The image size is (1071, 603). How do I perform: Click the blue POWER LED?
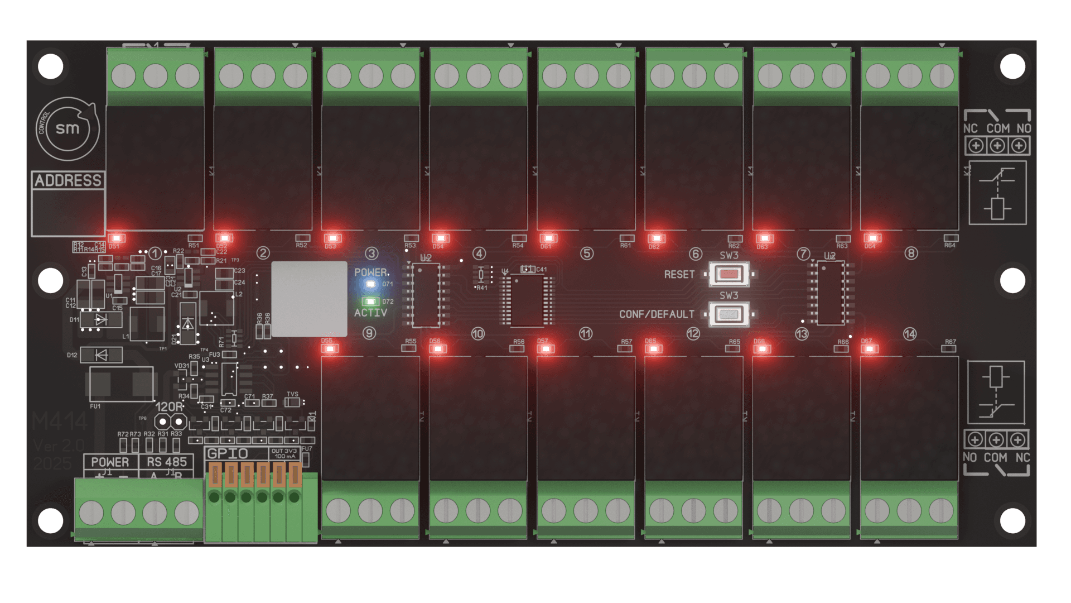[370, 284]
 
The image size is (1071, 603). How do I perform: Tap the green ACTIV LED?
[370, 301]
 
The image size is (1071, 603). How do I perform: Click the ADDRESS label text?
[68, 180]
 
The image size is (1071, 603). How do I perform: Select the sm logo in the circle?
[67, 128]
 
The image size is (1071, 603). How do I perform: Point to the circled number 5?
[587, 253]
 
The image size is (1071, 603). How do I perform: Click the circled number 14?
[910, 334]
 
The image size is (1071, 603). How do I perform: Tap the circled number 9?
[369, 333]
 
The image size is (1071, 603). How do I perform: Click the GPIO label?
[228, 453]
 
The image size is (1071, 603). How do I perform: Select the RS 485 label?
[167, 462]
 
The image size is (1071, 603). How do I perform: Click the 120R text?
[168, 407]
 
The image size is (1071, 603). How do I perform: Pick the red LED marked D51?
[117, 238]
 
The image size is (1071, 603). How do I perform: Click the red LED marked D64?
[872, 238]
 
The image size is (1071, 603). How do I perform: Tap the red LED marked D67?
[869, 349]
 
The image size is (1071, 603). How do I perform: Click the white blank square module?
[309, 299]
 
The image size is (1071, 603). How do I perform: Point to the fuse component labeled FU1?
[121, 384]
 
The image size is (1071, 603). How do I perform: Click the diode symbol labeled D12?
[101, 355]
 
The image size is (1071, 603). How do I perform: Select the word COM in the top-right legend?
[998, 128]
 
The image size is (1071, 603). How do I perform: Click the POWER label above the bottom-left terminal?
[110, 462]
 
